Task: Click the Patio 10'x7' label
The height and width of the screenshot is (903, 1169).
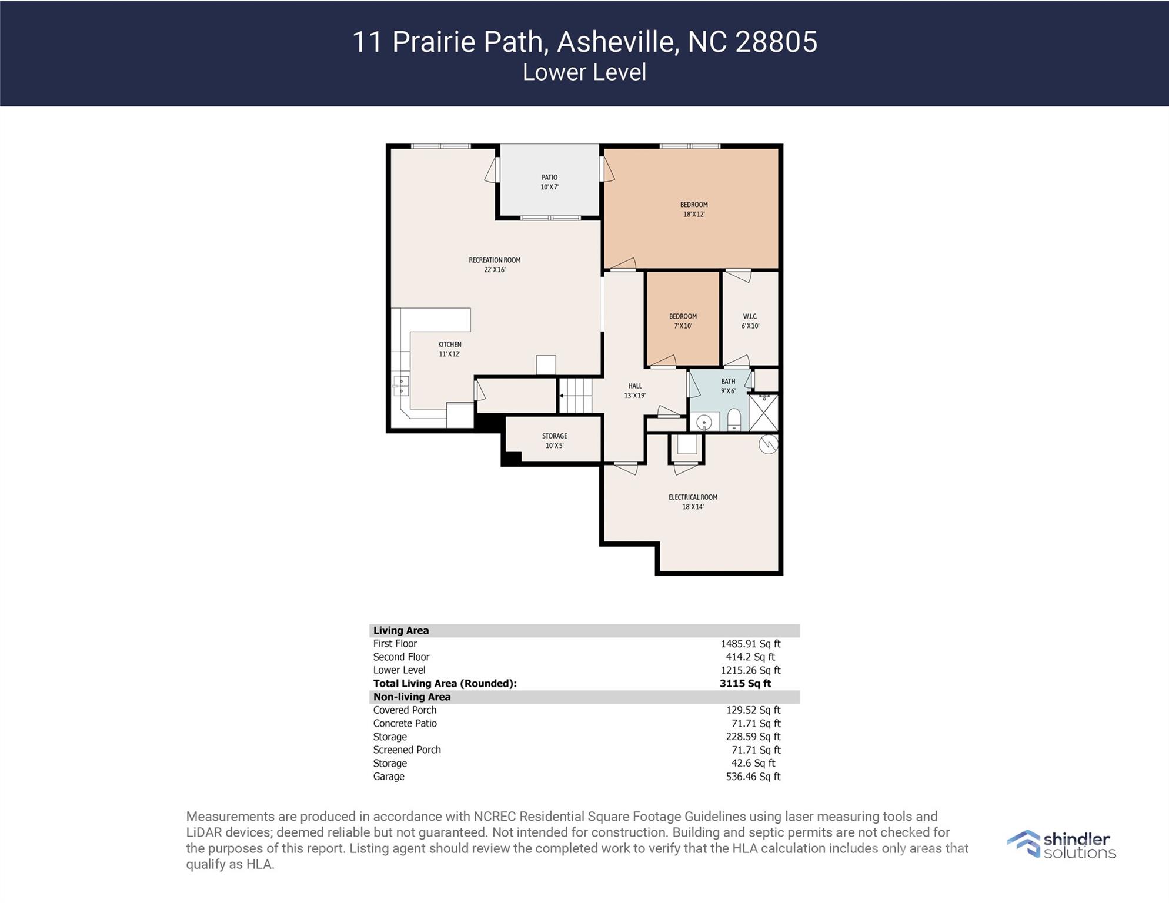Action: click(549, 182)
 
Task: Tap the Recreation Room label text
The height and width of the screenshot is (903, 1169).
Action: click(495, 260)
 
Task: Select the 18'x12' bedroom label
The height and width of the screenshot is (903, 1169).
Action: click(694, 209)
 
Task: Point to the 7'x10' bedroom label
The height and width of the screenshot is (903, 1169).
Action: click(683, 321)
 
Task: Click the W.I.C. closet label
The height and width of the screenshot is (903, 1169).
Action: click(750, 321)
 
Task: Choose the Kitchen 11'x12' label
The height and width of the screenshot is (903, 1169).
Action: click(449, 349)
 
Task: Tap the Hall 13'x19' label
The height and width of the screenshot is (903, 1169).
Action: click(634, 391)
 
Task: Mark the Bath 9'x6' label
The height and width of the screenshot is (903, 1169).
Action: click(728, 386)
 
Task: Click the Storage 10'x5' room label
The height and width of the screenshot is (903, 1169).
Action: click(555, 441)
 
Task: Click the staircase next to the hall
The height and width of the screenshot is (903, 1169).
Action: click(575, 396)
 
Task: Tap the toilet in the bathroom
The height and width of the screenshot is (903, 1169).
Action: click(734, 420)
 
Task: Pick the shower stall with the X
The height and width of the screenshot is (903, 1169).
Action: click(763, 413)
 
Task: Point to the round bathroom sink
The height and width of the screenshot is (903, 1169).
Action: click(704, 422)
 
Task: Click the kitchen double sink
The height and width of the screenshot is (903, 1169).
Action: click(401, 386)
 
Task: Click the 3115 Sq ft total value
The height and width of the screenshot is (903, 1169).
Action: click(745, 684)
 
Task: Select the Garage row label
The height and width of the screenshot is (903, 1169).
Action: click(389, 777)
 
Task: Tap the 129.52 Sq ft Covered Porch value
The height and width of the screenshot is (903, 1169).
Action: click(753, 710)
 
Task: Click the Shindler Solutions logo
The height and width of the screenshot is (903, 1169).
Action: click(1061, 845)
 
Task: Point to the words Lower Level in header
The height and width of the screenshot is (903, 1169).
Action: click(584, 72)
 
